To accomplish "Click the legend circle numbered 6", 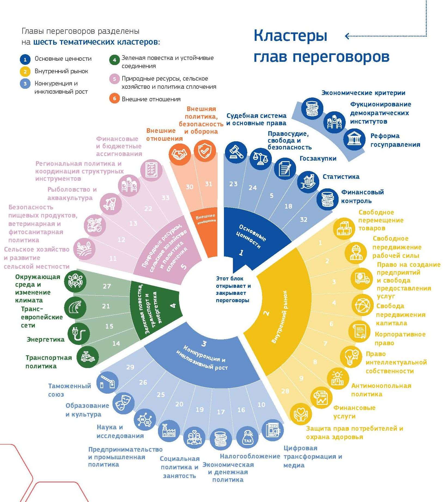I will pyautogui.click(x=114, y=98).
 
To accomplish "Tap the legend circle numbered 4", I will pyautogui.click(x=114, y=60).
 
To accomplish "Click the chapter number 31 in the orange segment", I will pyautogui.click(x=208, y=184).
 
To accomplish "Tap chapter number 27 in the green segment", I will pyautogui.click(x=107, y=286).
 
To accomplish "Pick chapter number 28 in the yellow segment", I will pyautogui.click(x=285, y=391).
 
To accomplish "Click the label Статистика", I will pyautogui.click(x=341, y=177).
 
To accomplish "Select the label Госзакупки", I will pyautogui.click(x=318, y=158).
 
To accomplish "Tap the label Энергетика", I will pyautogui.click(x=45, y=339).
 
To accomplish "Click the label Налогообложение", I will pyautogui.click(x=250, y=456).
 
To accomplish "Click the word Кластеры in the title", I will pyautogui.click(x=290, y=36).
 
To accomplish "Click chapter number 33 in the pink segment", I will pyautogui.click(x=166, y=198).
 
